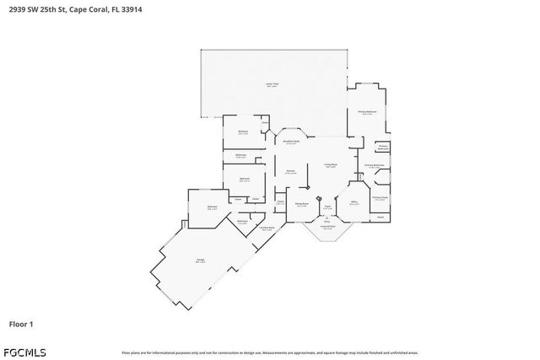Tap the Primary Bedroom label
click(366, 111)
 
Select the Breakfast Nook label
click(291, 142)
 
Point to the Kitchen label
click(289, 171)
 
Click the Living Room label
click(332, 164)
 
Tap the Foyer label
click(326, 204)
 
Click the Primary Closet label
click(379, 197)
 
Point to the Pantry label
click(279, 202)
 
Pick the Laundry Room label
click(267, 228)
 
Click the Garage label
click(200, 261)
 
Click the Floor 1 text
click(20, 323)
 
